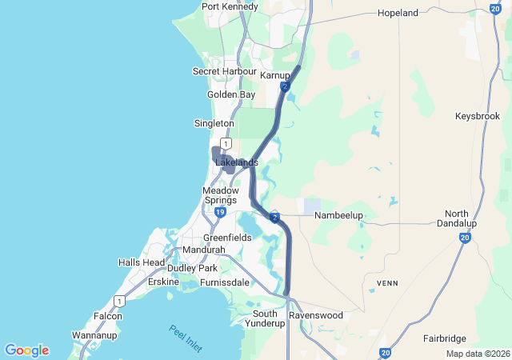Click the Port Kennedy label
pyautogui.click(x=230, y=6)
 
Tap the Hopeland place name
pyautogui.click(x=398, y=13)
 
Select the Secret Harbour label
pyautogui.click(x=224, y=71)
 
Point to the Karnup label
pyautogui.click(x=274, y=74)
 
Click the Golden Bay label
pyautogui.click(x=231, y=94)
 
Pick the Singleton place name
pyautogui.click(x=214, y=123)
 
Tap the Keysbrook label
pyautogui.click(x=477, y=116)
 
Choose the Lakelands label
pyautogui.click(x=237, y=162)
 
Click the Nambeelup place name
pyautogui.click(x=338, y=216)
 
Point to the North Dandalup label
pyautogui.click(x=457, y=219)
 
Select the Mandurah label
pyautogui.click(x=204, y=250)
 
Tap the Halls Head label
pyautogui.click(x=141, y=262)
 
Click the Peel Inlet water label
pyautogui.click(x=186, y=335)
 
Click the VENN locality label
pyautogui.click(x=387, y=283)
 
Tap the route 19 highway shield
pyautogui.click(x=219, y=212)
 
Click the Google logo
pyautogui.click(x=26, y=350)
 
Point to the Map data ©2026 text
pyautogui.click(x=477, y=354)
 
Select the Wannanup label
pyautogui.click(x=94, y=334)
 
